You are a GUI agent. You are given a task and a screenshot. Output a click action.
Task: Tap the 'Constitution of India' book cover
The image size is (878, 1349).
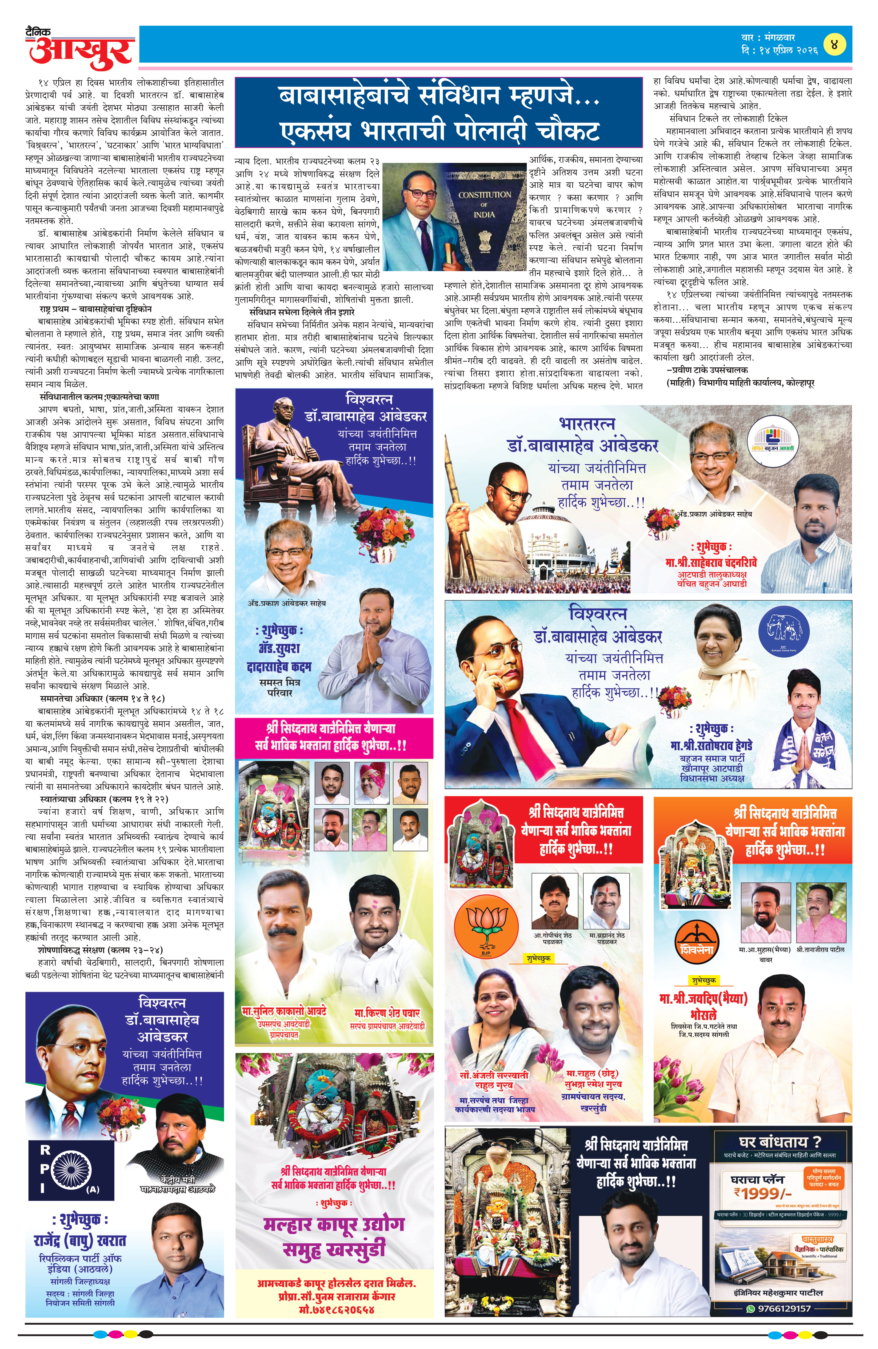485,212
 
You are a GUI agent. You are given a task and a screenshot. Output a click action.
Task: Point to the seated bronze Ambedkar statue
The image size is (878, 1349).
300,459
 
